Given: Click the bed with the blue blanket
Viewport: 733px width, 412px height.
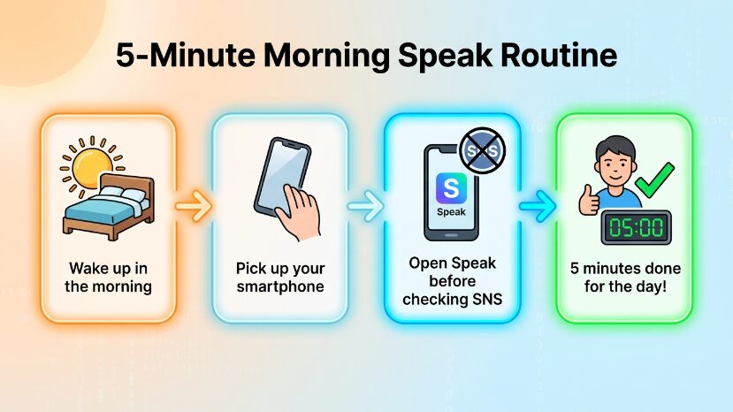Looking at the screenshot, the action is (109, 207).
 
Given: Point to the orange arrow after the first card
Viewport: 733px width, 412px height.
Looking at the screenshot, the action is (194, 206).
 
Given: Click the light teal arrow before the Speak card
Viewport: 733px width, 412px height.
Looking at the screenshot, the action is (365, 206).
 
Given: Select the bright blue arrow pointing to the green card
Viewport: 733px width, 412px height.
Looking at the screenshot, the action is (538, 206).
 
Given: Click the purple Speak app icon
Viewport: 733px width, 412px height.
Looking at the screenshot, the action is (451, 188).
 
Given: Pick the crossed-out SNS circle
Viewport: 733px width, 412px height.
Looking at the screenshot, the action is (483, 150).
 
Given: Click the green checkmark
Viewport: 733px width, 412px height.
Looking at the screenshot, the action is (654, 180).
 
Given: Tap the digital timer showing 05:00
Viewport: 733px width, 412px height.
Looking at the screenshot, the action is (636, 228).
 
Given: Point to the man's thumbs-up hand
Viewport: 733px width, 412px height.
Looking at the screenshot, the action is (589, 201).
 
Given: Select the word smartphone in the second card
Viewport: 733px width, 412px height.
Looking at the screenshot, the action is (280, 286).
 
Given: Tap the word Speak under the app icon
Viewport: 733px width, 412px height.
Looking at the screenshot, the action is (451, 212).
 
